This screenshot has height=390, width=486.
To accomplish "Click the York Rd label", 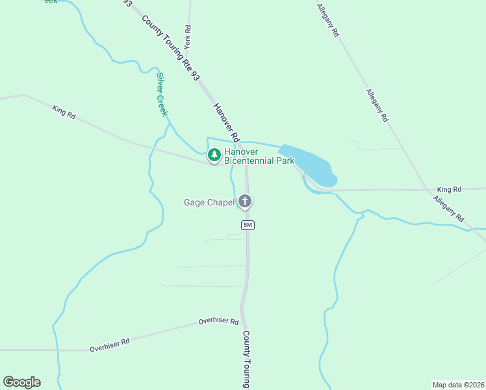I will coord(187,38).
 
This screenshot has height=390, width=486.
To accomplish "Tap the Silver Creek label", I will coord(162,94).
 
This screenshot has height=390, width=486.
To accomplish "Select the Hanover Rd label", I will coord(227,122).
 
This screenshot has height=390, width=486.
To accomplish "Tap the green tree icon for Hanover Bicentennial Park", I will coord(214,155).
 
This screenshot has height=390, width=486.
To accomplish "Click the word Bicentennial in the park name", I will coord(250,161).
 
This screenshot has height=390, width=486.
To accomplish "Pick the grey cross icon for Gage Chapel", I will coord(245,201).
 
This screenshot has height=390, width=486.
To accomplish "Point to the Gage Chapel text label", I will coord(209,202).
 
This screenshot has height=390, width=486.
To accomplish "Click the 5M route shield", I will coord(247,225).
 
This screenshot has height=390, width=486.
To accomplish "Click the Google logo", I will coord(21,382).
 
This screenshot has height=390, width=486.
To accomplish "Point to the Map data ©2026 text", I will coord(458,384).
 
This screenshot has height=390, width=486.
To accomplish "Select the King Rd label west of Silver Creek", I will coord(64,112).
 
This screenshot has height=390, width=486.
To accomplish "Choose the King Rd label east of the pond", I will coord(448,188).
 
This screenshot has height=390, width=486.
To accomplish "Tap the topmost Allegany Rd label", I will coord(329,19).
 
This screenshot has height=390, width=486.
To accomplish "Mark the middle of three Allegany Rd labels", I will coord(377,106).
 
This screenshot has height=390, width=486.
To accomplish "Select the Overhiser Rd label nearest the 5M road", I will coord(219,321).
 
